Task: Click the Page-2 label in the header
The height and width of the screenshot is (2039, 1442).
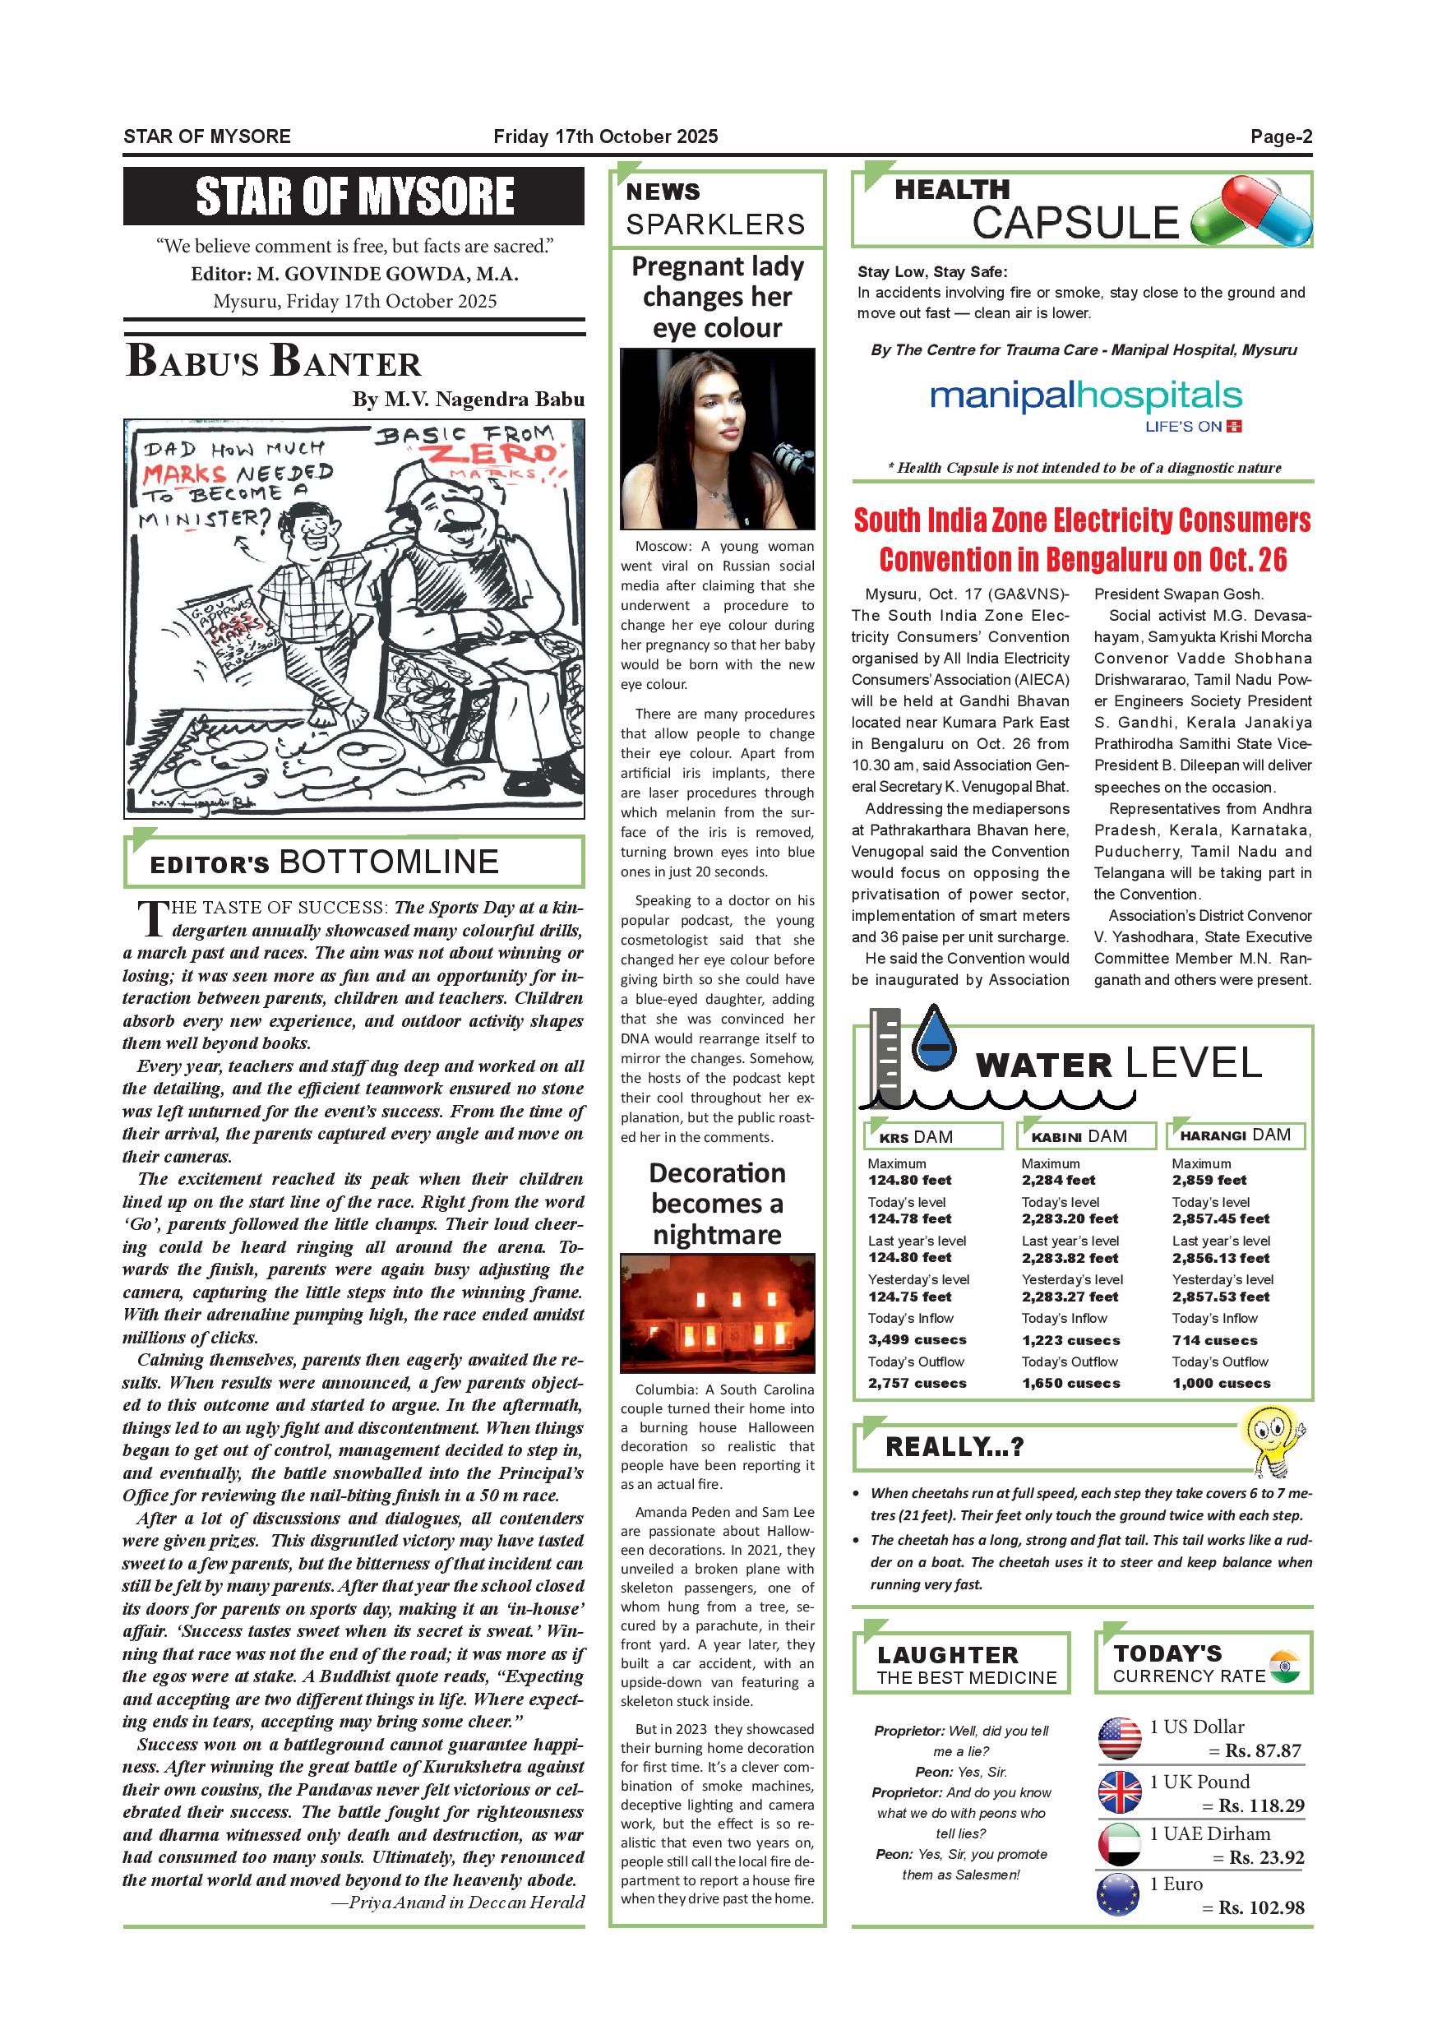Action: coord(1280,136)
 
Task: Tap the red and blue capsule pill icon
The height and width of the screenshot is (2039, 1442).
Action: coord(1252,211)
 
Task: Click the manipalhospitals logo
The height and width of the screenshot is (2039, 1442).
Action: coord(1085,396)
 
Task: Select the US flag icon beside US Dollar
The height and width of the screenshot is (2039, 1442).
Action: coord(1119,1738)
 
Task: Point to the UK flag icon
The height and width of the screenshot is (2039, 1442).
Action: coord(1119,1792)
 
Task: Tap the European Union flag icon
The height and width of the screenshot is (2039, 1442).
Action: coord(1119,1898)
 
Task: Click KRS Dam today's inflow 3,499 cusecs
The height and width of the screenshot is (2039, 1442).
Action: coord(917,1340)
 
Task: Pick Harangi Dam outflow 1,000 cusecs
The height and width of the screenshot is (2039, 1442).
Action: coord(1221,1384)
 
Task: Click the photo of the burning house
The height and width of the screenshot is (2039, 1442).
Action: coord(717,1312)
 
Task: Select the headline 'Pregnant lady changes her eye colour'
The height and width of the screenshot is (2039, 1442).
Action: coord(717,297)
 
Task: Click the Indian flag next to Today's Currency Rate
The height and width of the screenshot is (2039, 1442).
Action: coord(1284,1667)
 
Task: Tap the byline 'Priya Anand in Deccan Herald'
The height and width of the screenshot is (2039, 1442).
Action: coord(466,1903)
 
